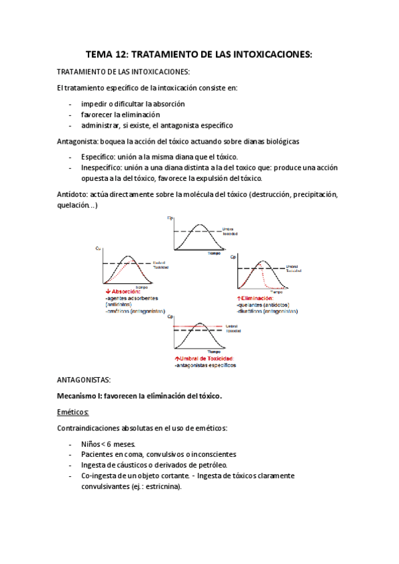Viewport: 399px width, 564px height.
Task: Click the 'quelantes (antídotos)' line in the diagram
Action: (261, 305)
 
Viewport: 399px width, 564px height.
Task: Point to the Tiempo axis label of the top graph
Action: (214, 253)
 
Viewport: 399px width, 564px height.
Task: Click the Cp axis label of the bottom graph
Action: (171, 317)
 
